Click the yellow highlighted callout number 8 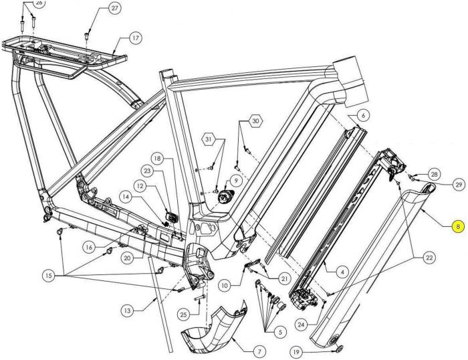pos(457,228)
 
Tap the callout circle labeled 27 pos(114,9)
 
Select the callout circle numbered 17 pos(136,38)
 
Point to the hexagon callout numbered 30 pos(255,122)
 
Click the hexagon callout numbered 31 pos(209,139)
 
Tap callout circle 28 pos(435,175)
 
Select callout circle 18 pos(156,159)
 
